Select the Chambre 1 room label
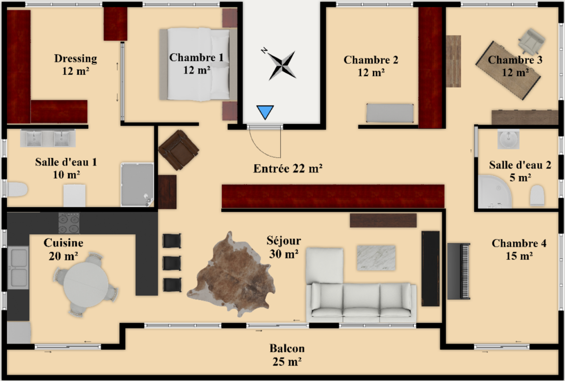[x=196, y=64]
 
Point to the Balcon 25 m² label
[x=287, y=355]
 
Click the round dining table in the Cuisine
[x=86, y=285]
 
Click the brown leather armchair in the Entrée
[x=178, y=150]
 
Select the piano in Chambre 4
[x=459, y=271]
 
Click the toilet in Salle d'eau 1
[x=17, y=189]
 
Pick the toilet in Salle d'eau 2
[x=537, y=196]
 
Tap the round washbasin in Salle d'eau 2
[x=508, y=139]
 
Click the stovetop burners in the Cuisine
[x=69, y=223]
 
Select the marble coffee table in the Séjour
[x=376, y=258]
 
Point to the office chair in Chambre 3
[x=532, y=40]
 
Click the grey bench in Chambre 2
[x=390, y=113]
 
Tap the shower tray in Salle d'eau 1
[x=137, y=184]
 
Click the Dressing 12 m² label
[x=75, y=64]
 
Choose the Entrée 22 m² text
[x=288, y=168]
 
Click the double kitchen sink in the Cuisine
[x=18, y=267]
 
